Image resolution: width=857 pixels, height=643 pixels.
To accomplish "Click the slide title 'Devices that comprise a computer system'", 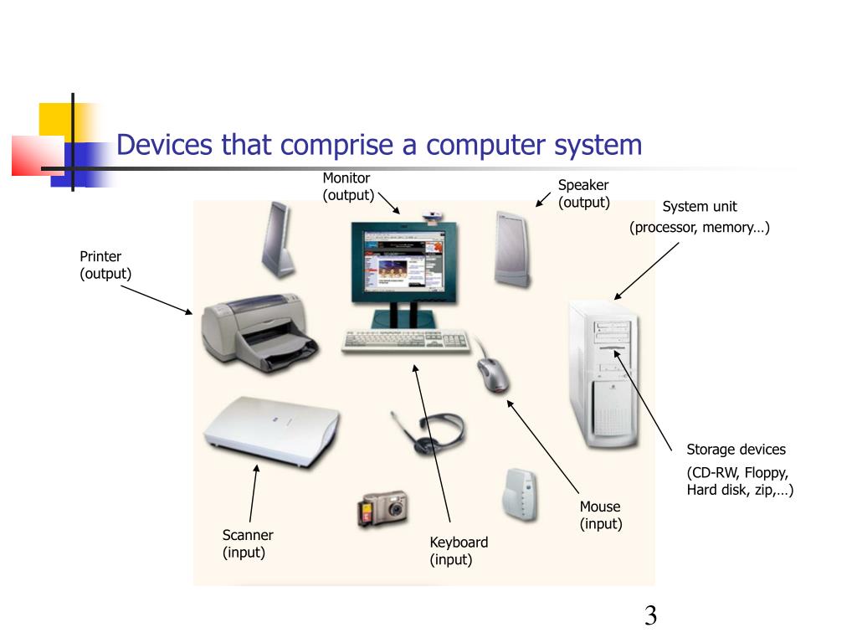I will (x=379, y=145).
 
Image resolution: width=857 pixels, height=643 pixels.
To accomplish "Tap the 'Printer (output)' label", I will (x=105, y=265).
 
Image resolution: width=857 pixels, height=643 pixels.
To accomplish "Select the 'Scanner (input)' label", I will (x=248, y=543).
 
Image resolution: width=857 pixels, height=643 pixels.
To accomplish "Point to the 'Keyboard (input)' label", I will (x=459, y=551).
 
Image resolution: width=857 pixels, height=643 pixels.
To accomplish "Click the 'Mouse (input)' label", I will (x=601, y=515).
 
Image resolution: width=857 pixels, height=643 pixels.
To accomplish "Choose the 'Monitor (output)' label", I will (x=347, y=187).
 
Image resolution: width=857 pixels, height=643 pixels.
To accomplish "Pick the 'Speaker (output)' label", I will (x=583, y=193).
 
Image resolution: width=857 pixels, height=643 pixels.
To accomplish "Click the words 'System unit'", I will (x=700, y=207).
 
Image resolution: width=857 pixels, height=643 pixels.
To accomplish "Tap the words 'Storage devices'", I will (x=736, y=450).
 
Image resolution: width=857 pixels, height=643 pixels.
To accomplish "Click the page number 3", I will (x=650, y=617).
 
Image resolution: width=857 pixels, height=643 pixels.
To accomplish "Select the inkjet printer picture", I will (x=258, y=333).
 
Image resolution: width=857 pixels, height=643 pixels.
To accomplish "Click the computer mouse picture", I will (x=492, y=374).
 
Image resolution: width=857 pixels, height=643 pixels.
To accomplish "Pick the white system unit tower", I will (x=603, y=373).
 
